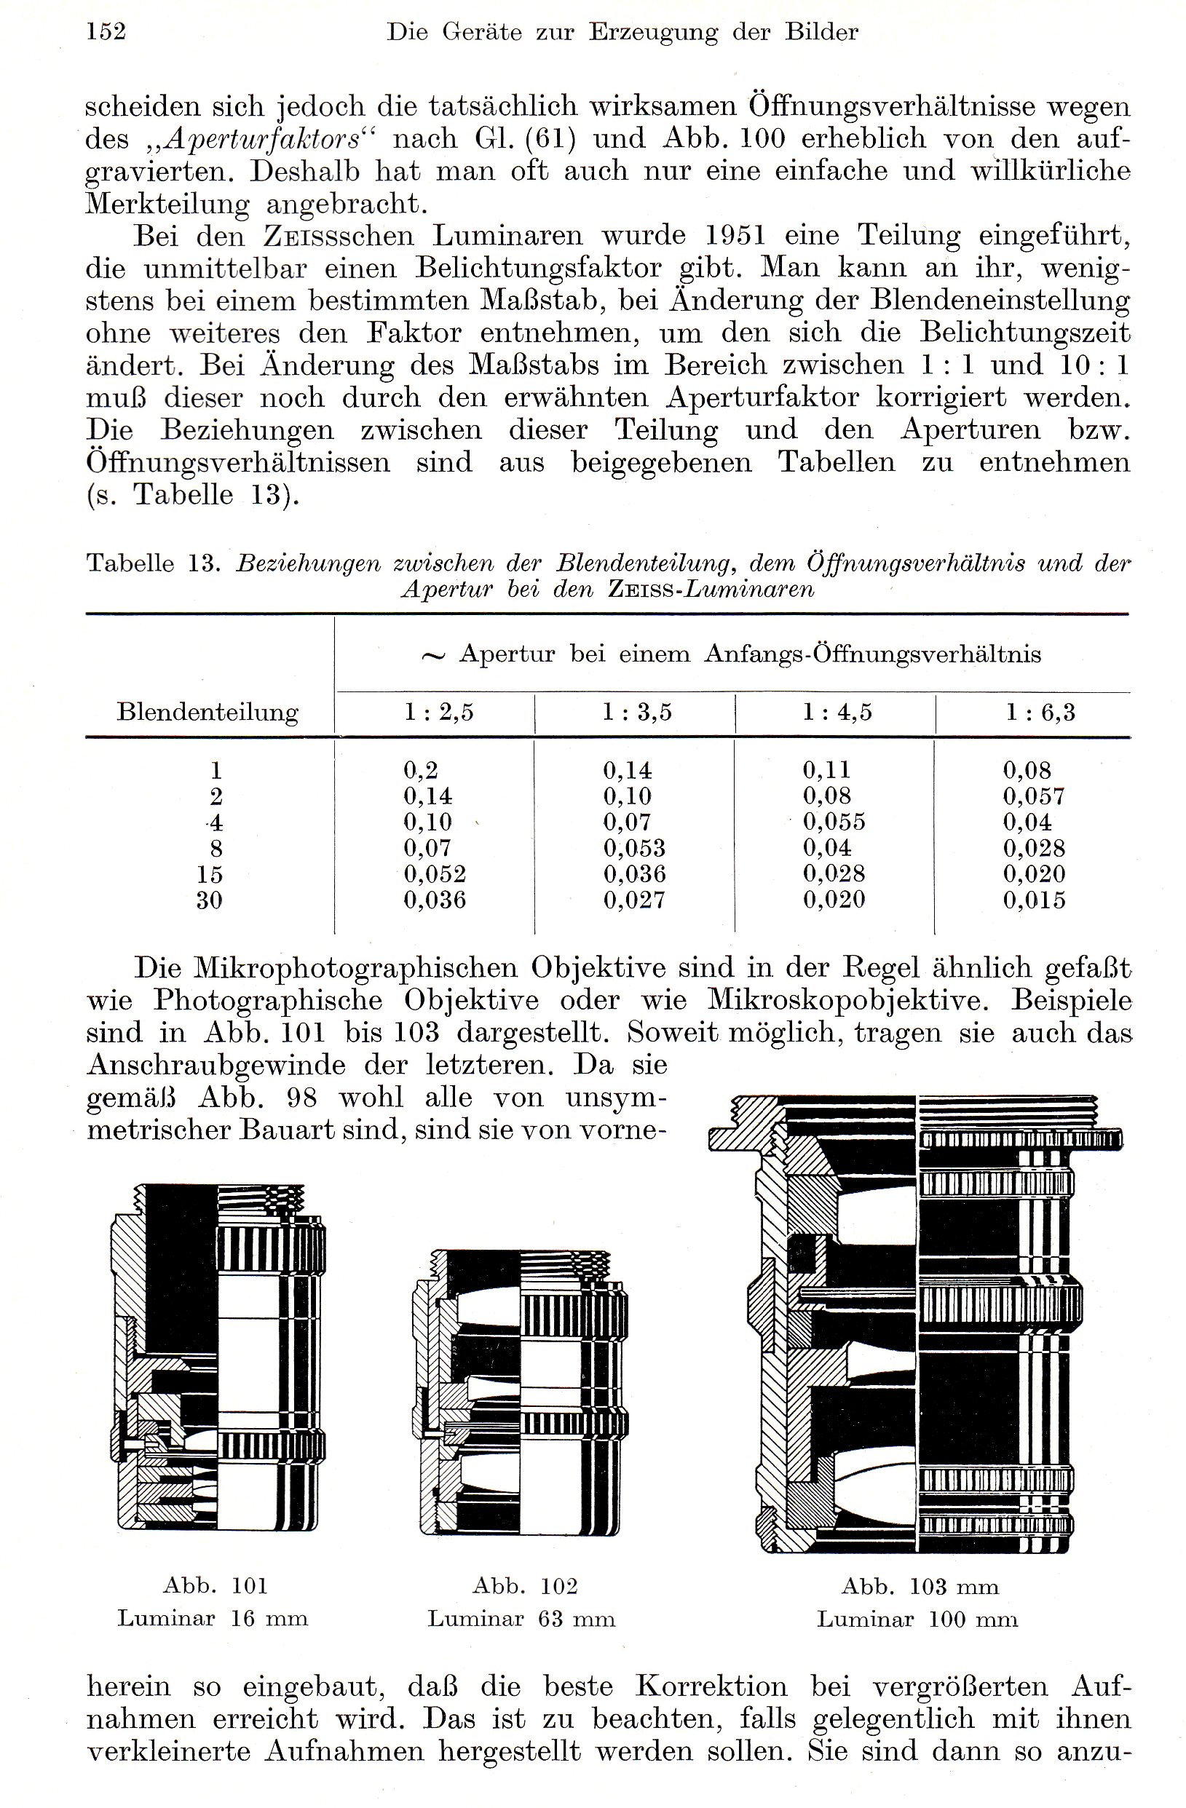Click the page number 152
click(106, 32)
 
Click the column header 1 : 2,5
click(438, 713)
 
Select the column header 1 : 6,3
click(1040, 713)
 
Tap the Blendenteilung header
click(207, 713)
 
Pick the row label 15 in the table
click(210, 874)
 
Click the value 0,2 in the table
click(421, 770)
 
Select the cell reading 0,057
click(1033, 796)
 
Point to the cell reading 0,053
click(634, 848)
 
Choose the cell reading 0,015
click(1034, 900)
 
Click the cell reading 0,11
click(826, 770)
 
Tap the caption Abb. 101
click(216, 1585)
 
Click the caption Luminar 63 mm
click(521, 1619)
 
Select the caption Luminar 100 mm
click(917, 1619)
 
